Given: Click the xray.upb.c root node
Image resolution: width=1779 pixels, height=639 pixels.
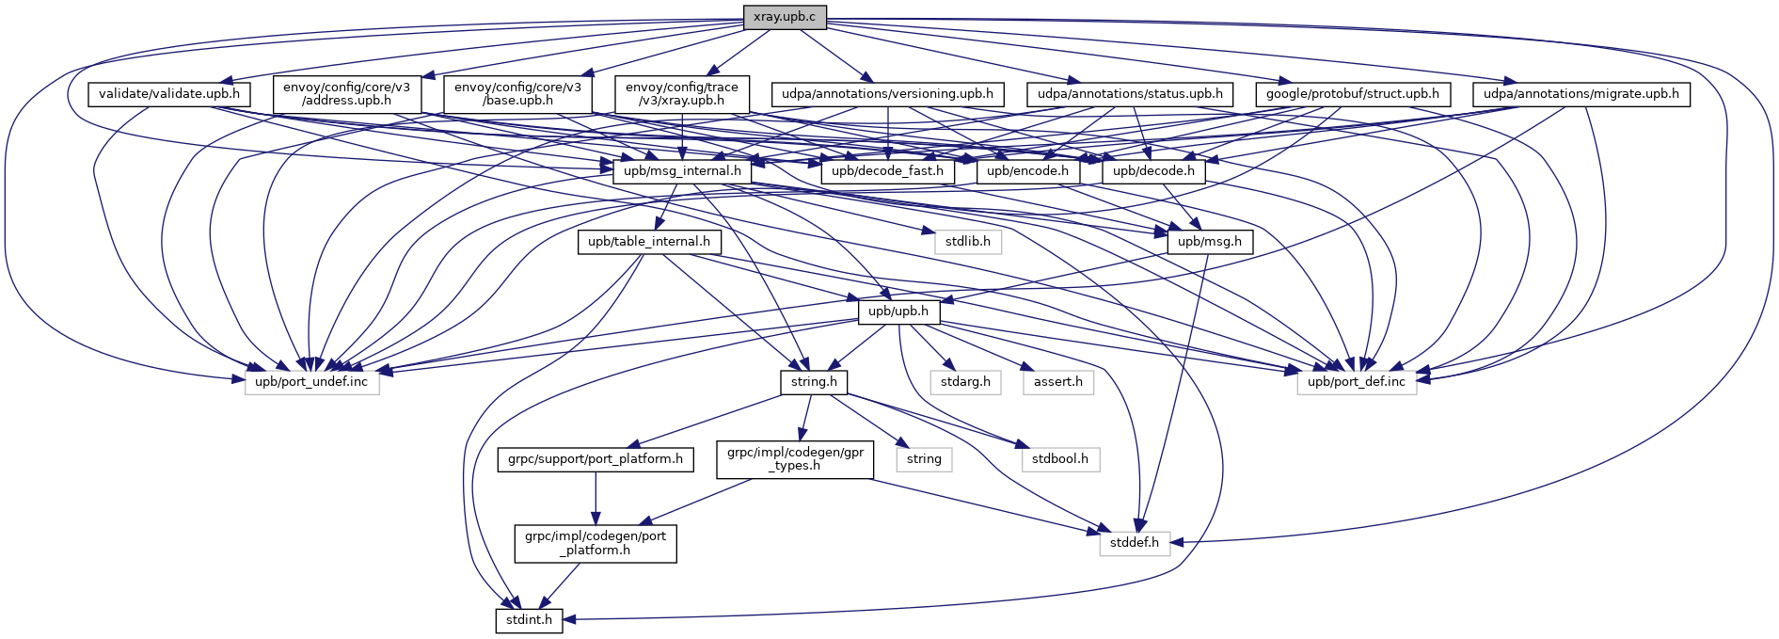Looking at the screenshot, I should click(x=785, y=16).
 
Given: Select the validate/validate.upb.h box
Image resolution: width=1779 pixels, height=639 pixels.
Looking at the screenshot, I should click(x=169, y=94).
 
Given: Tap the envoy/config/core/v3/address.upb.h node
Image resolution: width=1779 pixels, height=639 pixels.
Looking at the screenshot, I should click(x=346, y=94).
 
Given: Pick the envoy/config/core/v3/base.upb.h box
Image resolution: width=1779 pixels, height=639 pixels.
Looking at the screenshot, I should click(x=517, y=94).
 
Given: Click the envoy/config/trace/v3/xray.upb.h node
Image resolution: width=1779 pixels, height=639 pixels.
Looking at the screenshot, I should click(x=682, y=94).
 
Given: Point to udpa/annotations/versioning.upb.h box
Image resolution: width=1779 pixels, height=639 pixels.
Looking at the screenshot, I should click(x=887, y=94).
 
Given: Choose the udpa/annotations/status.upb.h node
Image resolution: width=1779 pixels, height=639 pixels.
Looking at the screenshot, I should click(x=1129, y=94).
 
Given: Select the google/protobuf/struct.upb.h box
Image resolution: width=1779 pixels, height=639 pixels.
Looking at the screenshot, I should click(x=1353, y=94).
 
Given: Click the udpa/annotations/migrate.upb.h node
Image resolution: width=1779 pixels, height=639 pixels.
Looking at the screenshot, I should click(x=1580, y=94).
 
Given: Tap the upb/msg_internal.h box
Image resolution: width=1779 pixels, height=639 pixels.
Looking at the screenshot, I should click(x=682, y=171).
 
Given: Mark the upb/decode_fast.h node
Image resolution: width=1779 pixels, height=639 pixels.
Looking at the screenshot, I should click(x=887, y=171).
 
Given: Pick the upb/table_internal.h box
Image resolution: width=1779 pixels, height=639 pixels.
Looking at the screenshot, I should click(x=649, y=242).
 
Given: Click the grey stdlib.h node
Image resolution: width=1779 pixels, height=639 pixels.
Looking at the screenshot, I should click(x=967, y=242).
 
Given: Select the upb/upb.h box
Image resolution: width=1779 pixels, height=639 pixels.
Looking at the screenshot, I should click(x=897, y=312).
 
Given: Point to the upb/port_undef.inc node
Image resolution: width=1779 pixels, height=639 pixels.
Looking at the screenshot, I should click(x=311, y=382).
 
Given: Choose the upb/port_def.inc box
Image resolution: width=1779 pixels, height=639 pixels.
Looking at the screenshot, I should click(x=1356, y=382).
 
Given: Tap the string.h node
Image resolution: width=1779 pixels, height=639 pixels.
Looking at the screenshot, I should click(x=814, y=382).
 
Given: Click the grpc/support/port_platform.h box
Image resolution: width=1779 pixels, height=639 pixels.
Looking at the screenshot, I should click(x=596, y=459).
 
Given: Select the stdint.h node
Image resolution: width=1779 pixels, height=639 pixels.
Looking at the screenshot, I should click(x=529, y=620).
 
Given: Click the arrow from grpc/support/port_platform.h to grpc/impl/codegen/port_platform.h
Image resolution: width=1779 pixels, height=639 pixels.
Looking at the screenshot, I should click(x=596, y=499).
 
